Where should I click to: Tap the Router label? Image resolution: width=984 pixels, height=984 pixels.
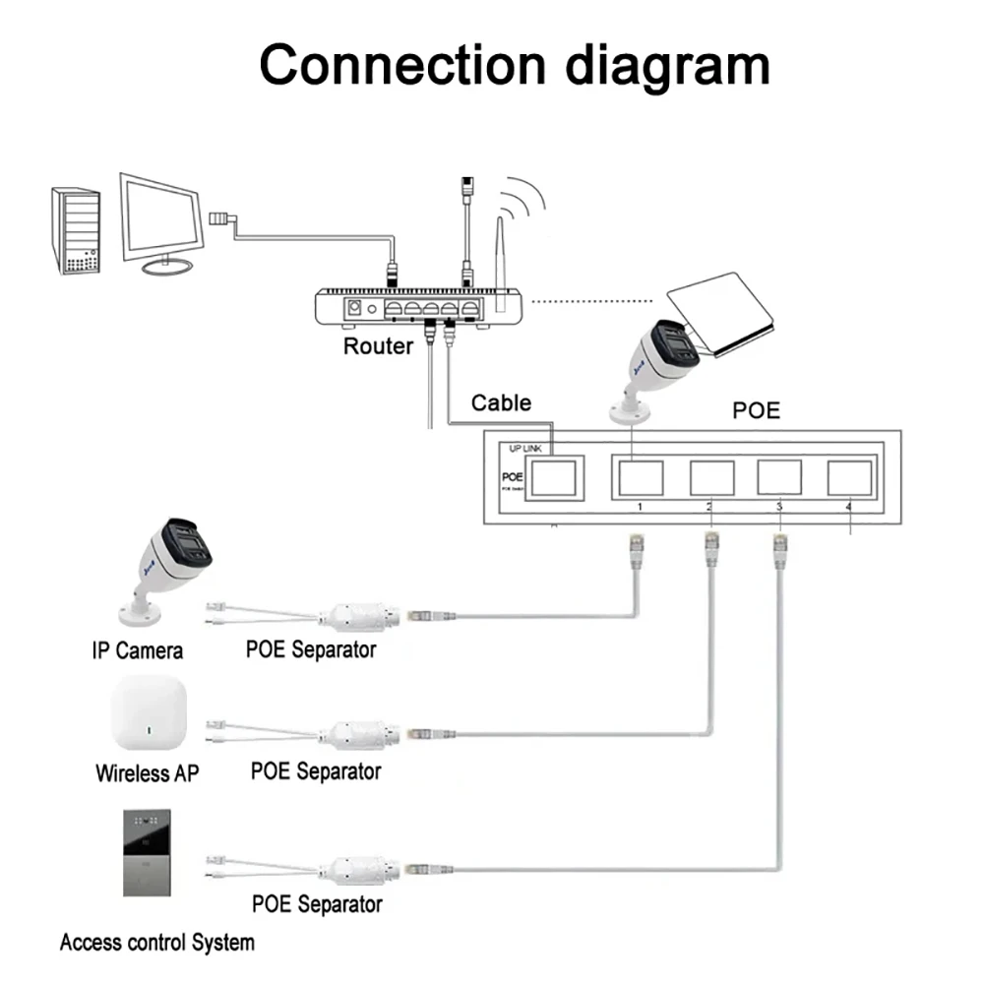[x=378, y=346]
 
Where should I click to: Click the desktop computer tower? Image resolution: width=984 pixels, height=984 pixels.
[x=76, y=231]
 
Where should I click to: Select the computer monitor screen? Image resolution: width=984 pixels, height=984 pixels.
[x=163, y=217]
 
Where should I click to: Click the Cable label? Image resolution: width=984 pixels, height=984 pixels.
[x=500, y=402]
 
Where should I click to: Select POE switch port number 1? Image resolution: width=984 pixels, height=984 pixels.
[x=639, y=477]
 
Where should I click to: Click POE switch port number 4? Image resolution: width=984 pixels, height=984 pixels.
[x=850, y=477]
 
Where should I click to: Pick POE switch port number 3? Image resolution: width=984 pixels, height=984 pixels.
[x=779, y=477]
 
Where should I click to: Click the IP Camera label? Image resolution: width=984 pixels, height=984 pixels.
[x=137, y=650]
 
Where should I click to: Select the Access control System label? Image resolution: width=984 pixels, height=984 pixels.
[x=156, y=942]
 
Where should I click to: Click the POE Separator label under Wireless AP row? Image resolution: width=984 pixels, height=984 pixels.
[x=315, y=770]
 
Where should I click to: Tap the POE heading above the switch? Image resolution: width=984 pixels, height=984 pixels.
[x=756, y=410]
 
